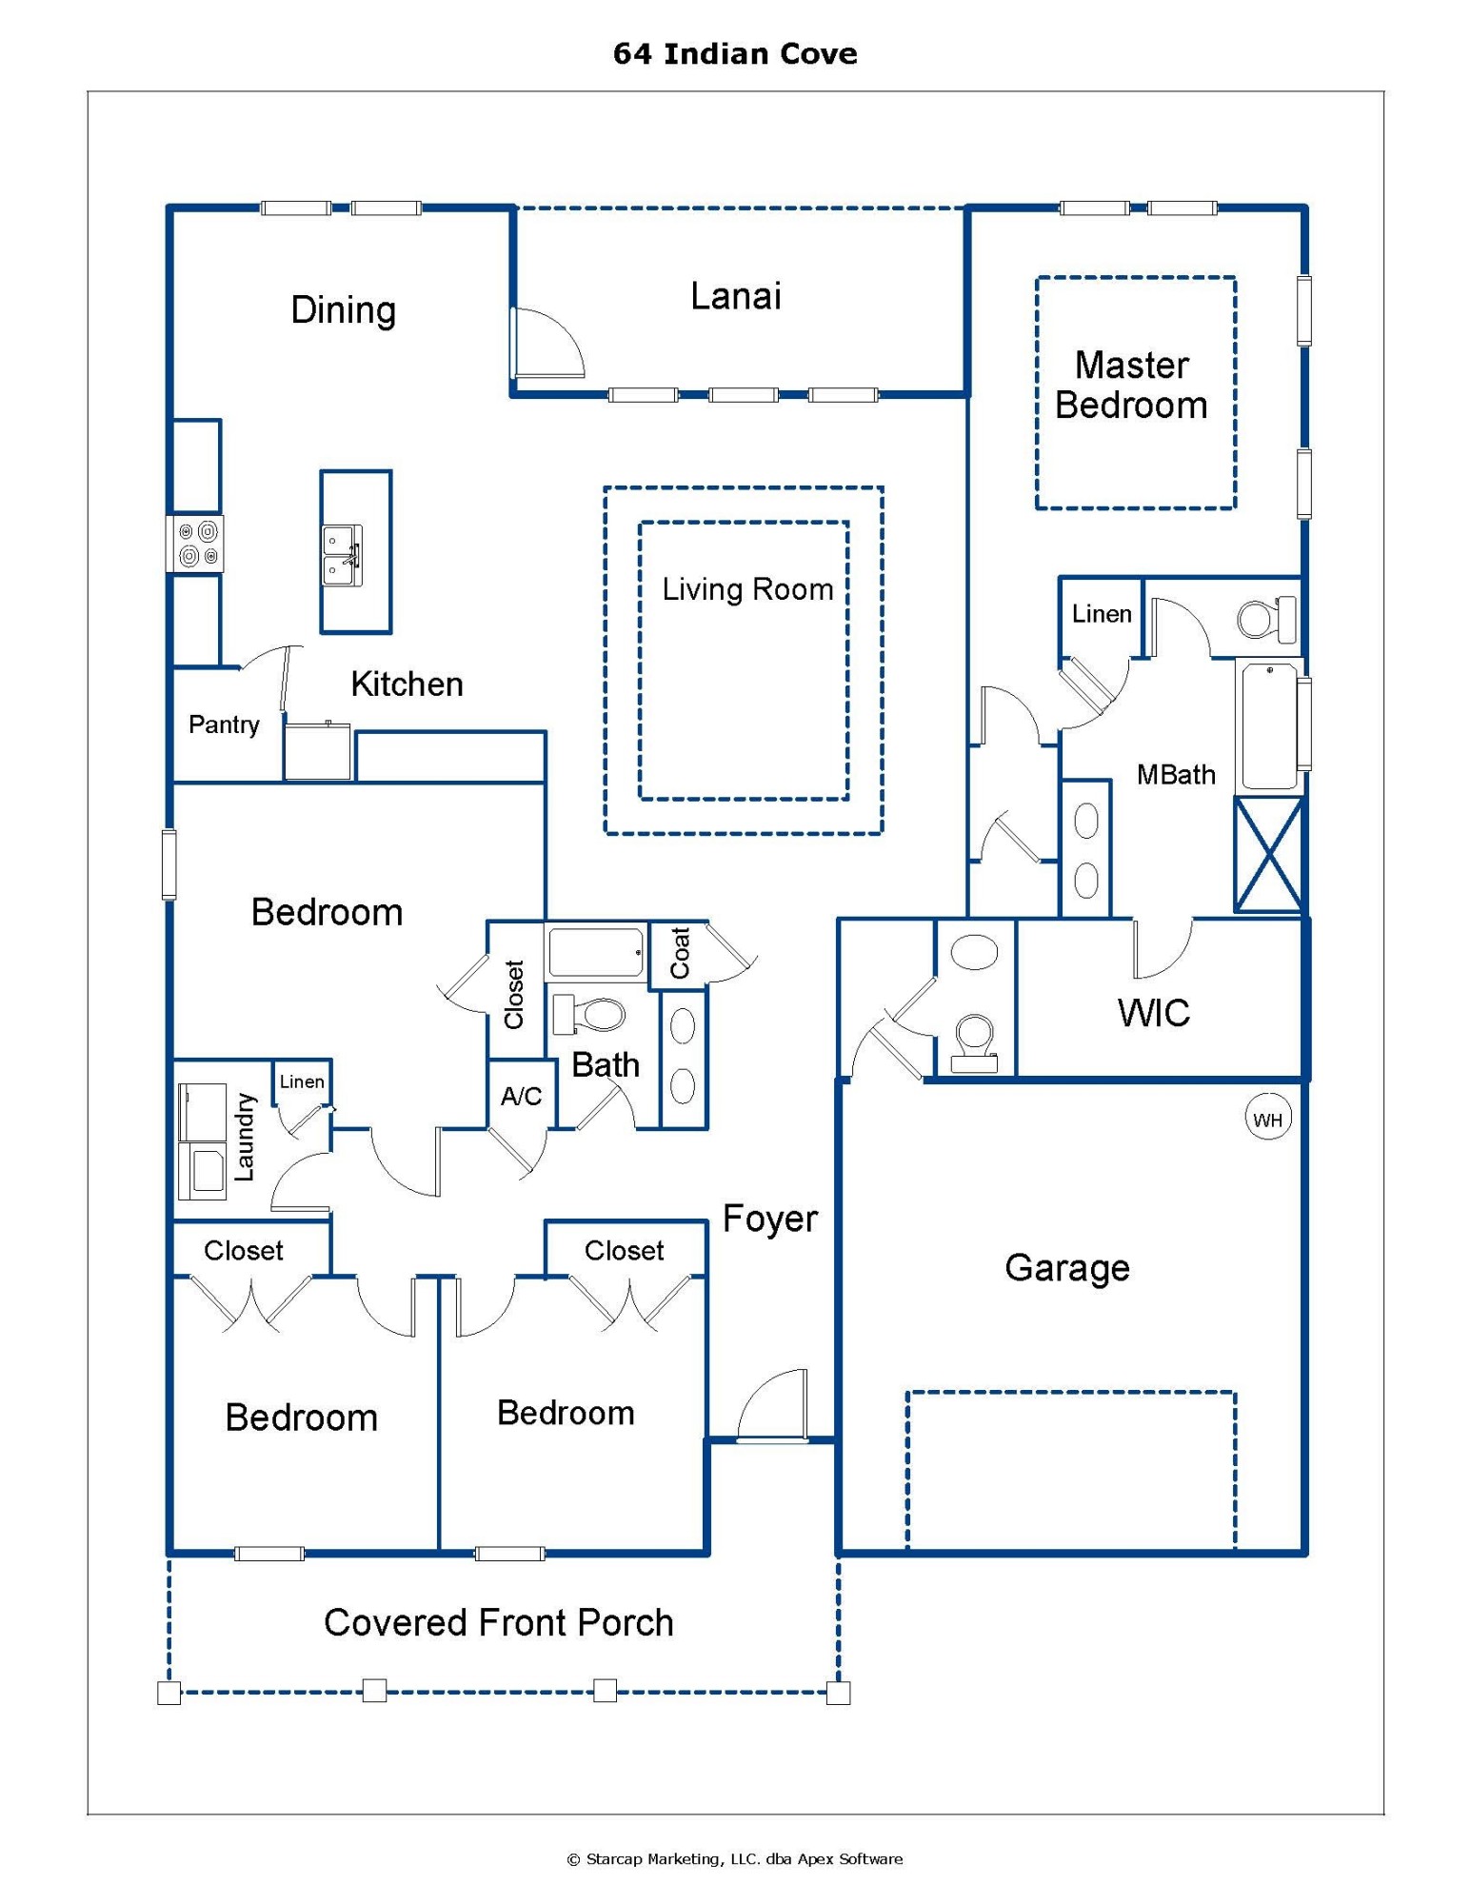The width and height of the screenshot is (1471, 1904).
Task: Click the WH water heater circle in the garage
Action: (x=1267, y=1120)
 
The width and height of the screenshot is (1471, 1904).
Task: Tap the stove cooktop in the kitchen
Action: (x=196, y=544)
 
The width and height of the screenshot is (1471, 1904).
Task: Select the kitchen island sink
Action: (x=342, y=555)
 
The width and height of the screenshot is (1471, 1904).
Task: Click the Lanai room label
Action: (x=735, y=296)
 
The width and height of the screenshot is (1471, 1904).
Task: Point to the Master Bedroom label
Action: (x=1131, y=386)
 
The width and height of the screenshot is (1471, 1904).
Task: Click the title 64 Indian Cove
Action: (x=735, y=54)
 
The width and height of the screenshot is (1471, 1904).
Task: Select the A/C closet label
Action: (x=521, y=1097)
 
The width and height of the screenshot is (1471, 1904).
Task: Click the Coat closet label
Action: (x=679, y=953)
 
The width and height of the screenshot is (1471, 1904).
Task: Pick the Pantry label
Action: (x=224, y=725)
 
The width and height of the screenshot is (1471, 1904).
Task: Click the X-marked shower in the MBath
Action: (x=1267, y=854)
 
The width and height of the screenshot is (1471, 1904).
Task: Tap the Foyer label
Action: (x=769, y=1220)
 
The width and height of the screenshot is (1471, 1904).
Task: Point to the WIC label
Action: (x=1153, y=1013)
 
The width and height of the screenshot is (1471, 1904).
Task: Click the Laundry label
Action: (x=245, y=1137)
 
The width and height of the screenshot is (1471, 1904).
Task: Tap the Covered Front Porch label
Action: (x=498, y=1623)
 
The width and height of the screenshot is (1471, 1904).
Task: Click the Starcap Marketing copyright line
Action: (x=735, y=1858)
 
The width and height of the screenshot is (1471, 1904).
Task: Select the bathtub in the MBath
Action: (x=1268, y=726)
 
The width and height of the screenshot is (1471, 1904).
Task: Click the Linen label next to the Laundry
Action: (x=302, y=1081)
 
